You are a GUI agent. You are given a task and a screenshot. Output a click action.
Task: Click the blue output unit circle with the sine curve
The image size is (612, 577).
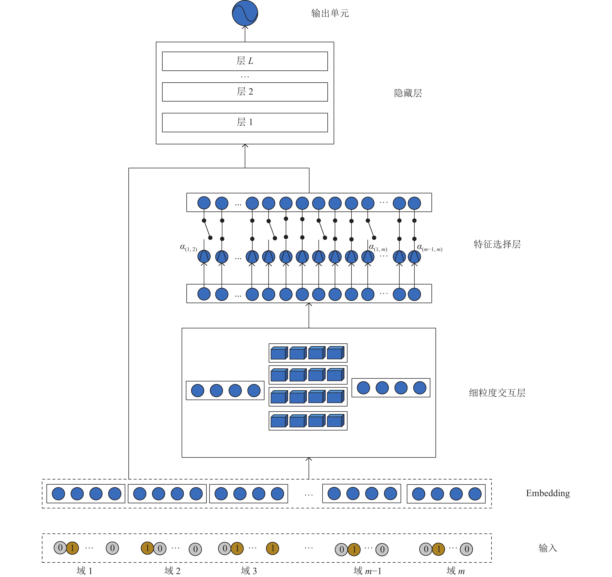[x=245, y=13]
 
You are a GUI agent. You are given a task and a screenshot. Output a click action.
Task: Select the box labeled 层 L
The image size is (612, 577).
[x=245, y=61]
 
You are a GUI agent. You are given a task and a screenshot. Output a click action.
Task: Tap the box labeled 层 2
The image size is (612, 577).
[x=245, y=92]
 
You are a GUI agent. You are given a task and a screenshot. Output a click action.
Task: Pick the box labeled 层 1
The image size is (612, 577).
[x=245, y=123]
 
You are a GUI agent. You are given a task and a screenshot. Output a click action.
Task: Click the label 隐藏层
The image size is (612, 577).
[x=408, y=93]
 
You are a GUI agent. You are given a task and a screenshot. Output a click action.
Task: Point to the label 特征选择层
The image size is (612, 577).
[x=497, y=244]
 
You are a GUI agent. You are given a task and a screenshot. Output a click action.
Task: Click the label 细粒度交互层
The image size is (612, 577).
[x=497, y=393]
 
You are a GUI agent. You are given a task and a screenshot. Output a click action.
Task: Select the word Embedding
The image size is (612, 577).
[x=548, y=493]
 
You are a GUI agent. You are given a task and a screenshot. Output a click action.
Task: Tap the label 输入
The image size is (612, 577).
[x=548, y=548]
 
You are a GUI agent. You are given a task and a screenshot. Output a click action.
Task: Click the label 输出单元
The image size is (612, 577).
[x=330, y=13]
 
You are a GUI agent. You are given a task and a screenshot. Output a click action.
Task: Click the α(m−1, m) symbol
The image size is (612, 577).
[x=429, y=248]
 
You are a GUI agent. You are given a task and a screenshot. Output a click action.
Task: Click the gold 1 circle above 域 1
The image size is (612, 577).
[x=72, y=548]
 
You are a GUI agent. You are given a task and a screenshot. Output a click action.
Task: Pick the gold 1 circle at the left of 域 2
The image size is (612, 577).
[x=147, y=548]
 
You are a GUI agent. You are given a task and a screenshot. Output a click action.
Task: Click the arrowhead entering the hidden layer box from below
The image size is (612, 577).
[x=245, y=146]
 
